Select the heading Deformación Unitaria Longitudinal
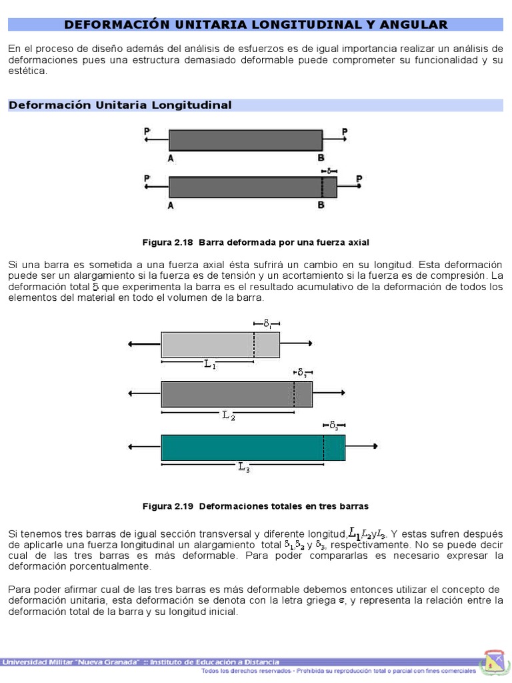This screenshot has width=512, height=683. click(120, 105)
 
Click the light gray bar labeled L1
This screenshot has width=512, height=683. click(207, 345)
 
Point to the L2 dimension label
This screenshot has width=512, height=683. click(228, 416)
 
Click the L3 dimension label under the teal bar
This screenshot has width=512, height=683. click(243, 468)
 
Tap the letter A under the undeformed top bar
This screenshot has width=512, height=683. click(171, 158)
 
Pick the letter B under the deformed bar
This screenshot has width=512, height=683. click(321, 205)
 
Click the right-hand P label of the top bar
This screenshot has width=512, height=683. click(345, 133)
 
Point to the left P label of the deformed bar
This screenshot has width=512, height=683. click(146, 179)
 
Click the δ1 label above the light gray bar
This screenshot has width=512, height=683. click(267, 323)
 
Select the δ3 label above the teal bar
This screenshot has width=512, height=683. click(334, 425)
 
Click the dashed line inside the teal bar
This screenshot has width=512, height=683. click(324, 447)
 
